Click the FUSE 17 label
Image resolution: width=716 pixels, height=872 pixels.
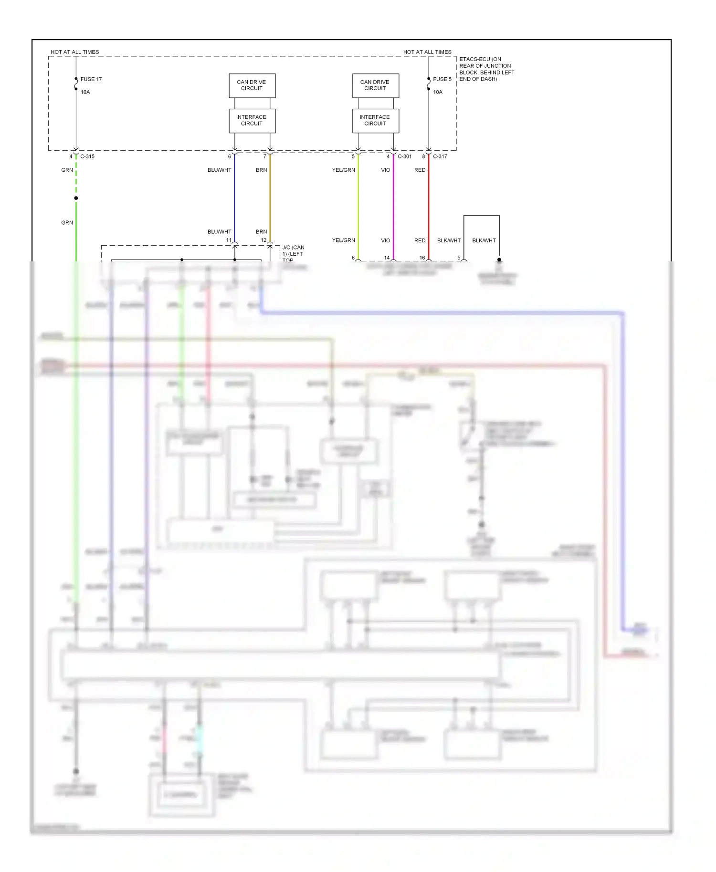click(91, 79)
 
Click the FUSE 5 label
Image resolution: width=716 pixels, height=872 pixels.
click(442, 79)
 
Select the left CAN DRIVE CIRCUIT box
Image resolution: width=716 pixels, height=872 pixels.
click(252, 85)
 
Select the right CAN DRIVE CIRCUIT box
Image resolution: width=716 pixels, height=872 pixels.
click(375, 85)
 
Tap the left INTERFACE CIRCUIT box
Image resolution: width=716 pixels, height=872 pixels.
click(252, 121)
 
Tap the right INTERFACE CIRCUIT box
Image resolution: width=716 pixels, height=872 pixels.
click(375, 121)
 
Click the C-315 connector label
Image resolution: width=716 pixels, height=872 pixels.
click(87, 156)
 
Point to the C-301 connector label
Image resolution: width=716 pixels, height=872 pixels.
click(404, 156)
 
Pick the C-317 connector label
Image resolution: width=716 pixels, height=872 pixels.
click(440, 156)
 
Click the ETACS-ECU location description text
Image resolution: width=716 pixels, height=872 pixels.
click(486, 69)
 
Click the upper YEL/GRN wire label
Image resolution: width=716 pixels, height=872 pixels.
click(343, 170)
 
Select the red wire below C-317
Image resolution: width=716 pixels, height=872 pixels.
click(429, 205)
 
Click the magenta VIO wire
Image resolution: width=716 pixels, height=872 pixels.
click(393, 205)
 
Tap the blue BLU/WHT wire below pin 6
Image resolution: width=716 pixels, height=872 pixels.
click(234, 200)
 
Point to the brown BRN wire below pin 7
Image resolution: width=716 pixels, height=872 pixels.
click(270, 200)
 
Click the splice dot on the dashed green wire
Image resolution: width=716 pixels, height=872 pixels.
click(76, 198)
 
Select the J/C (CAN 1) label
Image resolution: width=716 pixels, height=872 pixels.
click(293, 251)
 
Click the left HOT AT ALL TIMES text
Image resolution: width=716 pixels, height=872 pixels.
click(75, 52)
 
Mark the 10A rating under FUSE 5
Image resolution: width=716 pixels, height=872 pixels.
click(438, 92)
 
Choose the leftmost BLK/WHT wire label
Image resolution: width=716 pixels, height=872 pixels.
click(449, 240)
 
